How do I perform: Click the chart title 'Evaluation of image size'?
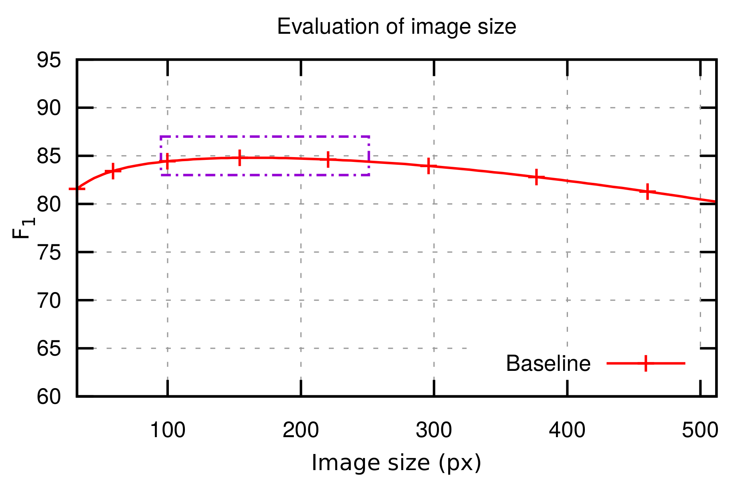click(x=396, y=27)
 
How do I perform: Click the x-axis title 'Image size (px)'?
click(x=396, y=463)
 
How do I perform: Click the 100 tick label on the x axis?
click(x=167, y=431)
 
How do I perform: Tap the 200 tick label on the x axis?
click(x=301, y=431)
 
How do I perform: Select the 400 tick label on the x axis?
click(x=567, y=431)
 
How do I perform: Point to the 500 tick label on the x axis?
click(x=700, y=431)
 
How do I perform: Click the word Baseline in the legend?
click(x=548, y=364)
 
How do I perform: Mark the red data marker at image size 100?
click(x=167, y=161)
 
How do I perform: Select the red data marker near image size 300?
click(x=429, y=166)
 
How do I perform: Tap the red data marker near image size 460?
click(x=648, y=191)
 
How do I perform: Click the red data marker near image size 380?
click(x=536, y=177)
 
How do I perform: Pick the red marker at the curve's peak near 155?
click(x=240, y=158)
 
